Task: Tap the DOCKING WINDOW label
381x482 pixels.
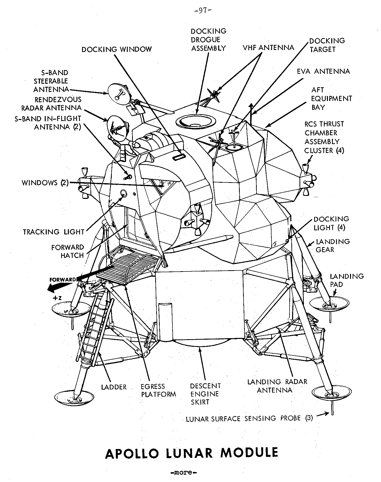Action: [117, 49]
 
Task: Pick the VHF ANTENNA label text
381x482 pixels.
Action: [268, 48]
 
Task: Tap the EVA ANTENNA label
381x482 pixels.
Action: [323, 71]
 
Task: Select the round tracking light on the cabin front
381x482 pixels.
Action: [123, 193]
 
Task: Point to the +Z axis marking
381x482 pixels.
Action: [57, 298]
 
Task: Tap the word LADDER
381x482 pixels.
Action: [114, 387]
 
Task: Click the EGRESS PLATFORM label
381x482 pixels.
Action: [158, 390]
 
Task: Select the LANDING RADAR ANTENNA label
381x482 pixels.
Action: [277, 386]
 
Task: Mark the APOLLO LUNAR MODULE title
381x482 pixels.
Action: [192, 453]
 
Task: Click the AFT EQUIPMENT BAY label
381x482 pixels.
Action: [331, 98]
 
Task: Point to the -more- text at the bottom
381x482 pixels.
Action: [183, 472]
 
